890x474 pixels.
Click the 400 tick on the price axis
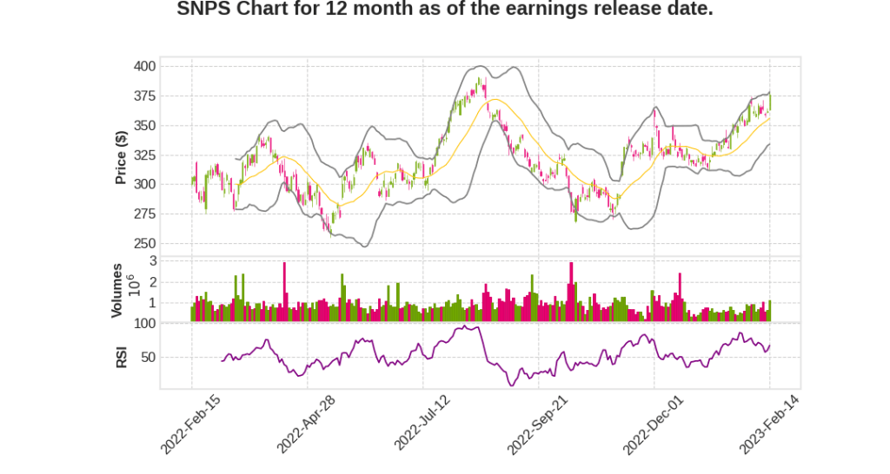[145, 66]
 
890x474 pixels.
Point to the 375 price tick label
[145, 95]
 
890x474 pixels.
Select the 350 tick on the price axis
[145, 126]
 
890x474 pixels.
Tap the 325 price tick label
[145, 155]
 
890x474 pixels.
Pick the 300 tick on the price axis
[145, 184]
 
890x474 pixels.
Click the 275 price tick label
[145, 214]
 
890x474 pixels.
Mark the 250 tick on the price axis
[145, 243]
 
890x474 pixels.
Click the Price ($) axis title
[121, 156]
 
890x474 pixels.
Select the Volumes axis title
[116, 290]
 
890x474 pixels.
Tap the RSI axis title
[121, 357]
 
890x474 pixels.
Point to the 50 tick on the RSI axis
[149, 357]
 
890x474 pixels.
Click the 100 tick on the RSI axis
[145, 324]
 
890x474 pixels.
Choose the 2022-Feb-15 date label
[190, 425]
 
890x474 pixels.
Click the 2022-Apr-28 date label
[307, 425]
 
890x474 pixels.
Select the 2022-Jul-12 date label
[423, 425]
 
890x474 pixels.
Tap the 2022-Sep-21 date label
[539, 425]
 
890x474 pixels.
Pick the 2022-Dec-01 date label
[654, 425]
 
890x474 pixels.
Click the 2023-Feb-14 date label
[770, 425]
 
